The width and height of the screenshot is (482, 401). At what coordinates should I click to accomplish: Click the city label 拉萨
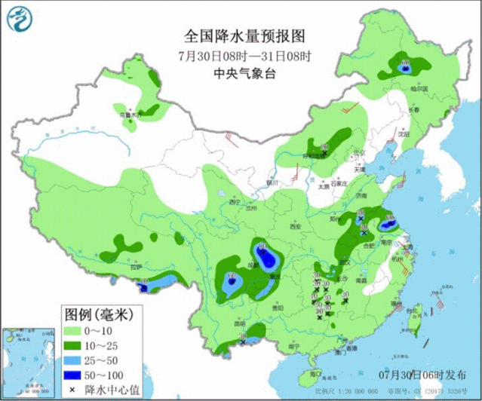pos(136,268)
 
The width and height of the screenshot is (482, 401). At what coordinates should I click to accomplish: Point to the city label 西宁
pos(234,202)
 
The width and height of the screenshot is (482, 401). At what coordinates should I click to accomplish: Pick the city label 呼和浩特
pos(312,157)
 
